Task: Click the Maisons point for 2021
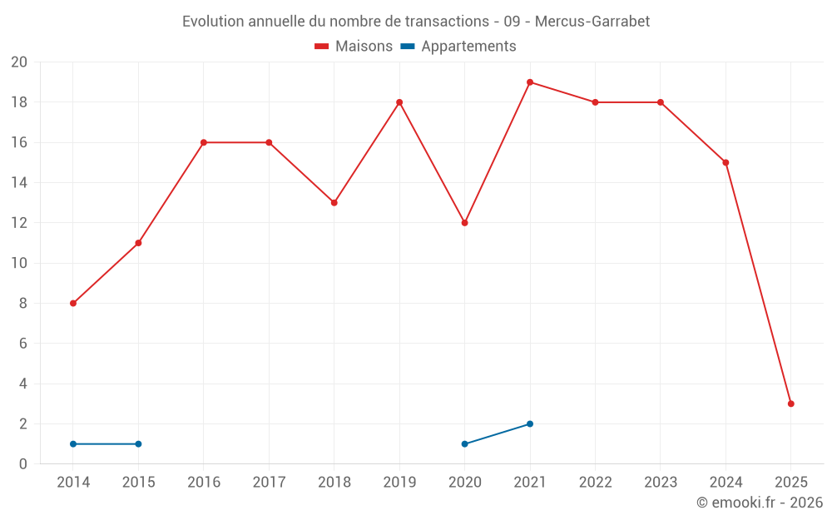click(x=530, y=82)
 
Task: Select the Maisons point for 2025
click(x=791, y=404)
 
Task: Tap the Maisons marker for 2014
click(x=73, y=304)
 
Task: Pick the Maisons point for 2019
click(x=399, y=102)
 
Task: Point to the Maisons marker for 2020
click(x=464, y=223)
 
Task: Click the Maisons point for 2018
click(x=334, y=203)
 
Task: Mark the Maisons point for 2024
click(x=726, y=163)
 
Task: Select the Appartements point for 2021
click(x=530, y=424)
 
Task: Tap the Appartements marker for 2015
click(x=138, y=444)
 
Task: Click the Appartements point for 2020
click(x=464, y=444)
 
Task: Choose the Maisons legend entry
click(x=354, y=47)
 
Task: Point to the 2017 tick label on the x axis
click(x=269, y=483)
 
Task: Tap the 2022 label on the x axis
click(x=595, y=483)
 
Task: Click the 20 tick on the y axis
click(x=19, y=62)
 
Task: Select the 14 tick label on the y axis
click(x=19, y=183)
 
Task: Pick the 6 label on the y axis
click(x=23, y=344)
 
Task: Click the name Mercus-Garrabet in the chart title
click(x=592, y=22)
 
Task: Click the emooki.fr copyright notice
click(x=760, y=503)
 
